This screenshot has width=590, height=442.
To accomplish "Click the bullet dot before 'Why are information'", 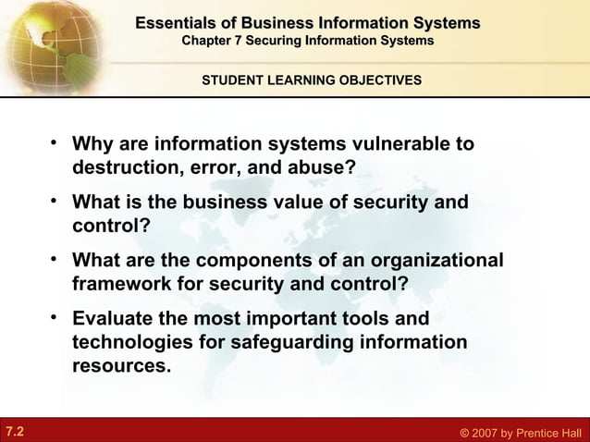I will click(x=56, y=143).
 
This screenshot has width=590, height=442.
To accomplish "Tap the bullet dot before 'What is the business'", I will click(x=56, y=201).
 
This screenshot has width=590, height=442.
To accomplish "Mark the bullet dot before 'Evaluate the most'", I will click(x=56, y=317).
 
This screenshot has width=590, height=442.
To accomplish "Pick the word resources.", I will click(x=121, y=365).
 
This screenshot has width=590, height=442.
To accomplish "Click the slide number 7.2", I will click(x=15, y=431).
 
